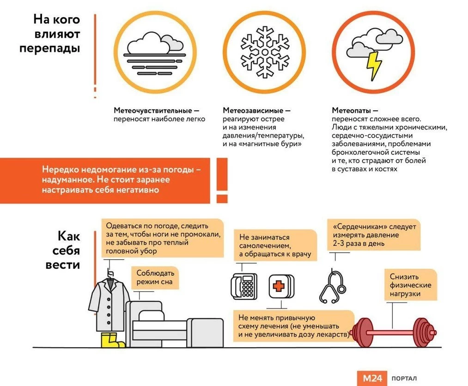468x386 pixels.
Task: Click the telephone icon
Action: [243, 286]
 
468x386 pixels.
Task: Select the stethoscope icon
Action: [332, 286]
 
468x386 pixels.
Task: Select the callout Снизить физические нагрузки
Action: [410, 285]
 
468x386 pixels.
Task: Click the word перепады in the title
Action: [50, 48]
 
